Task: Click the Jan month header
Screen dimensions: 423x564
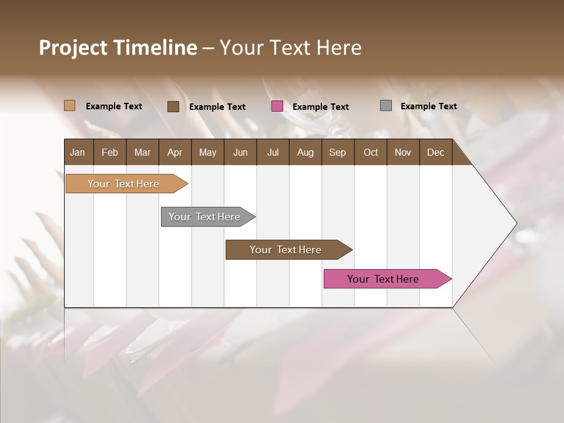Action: pyautogui.click(x=78, y=153)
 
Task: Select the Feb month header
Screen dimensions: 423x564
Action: pyautogui.click(x=110, y=153)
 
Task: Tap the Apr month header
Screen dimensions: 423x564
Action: pyautogui.click(x=174, y=153)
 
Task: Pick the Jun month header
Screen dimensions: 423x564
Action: pyautogui.click(x=240, y=153)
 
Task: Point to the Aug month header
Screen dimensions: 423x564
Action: pyautogui.click(x=305, y=153)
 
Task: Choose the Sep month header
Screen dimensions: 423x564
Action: pyautogui.click(x=337, y=153)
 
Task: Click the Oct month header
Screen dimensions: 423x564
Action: pyautogui.click(x=371, y=153)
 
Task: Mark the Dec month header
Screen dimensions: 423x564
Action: pyautogui.click(x=435, y=153)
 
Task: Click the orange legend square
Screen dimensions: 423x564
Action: pyautogui.click(x=70, y=106)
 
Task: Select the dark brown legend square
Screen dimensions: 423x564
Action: pyautogui.click(x=173, y=106)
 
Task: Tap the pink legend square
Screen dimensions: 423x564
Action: pyautogui.click(x=277, y=106)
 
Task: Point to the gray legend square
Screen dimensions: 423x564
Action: pyautogui.click(x=386, y=106)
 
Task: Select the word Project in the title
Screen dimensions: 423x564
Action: pyautogui.click(x=72, y=48)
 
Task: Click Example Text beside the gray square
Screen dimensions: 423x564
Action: pyautogui.click(x=428, y=106)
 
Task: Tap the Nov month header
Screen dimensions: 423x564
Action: pyautogui.click(x=403, y=153)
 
